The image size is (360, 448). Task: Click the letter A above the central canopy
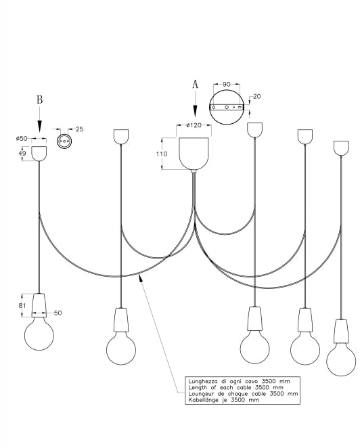point(195,85)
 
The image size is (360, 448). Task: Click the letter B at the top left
point(40,99)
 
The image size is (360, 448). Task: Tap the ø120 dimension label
point(194,125)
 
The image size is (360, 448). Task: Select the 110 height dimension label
point(162,154)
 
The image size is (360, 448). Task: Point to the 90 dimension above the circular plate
point(227,85)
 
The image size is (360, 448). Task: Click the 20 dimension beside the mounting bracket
point(257,97)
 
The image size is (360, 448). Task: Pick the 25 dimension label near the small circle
point(79,129)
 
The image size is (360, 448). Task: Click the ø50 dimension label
point(22,139)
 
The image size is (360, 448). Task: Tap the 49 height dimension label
point(22,154)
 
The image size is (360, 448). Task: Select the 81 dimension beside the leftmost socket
point(22,306)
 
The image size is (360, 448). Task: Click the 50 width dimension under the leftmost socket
point(58,313)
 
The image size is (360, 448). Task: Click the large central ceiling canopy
point(194,154)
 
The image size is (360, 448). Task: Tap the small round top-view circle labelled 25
point(63,141)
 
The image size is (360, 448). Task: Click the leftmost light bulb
point(39,334)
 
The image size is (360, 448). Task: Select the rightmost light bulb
point(341,359)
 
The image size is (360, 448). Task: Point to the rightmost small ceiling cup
point(341,148)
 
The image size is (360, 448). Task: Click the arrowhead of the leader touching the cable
point(141,277)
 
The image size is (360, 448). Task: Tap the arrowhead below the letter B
point(40,127)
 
